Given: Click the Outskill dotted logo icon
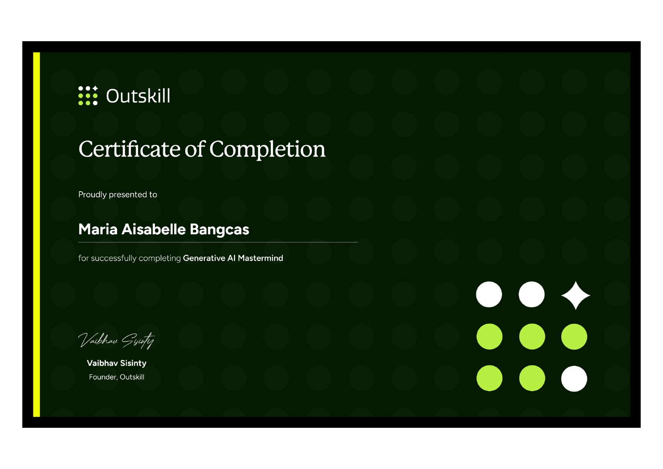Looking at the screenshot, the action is [88, 96].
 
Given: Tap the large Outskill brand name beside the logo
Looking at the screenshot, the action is [138, 96].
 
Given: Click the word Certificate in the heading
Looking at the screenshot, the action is [129, 149].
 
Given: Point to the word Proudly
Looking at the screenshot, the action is [92, 195].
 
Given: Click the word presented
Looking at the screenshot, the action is [128, 195].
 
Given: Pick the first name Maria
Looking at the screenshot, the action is [98, 229].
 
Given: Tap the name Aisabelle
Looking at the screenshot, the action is [153, 229].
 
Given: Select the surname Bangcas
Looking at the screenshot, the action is [220, 230].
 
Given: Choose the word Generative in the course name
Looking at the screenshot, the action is [204, 258].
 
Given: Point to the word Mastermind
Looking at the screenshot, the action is [260, 258].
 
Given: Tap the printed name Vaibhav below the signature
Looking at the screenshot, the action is [102, 363].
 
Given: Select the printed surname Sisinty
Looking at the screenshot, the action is [133, 363].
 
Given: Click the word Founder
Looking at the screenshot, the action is [103, 377].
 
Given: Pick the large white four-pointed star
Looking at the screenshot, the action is [576, 295].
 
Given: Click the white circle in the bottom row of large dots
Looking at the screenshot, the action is [574, 379].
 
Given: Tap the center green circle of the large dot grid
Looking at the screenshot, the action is [532, 336].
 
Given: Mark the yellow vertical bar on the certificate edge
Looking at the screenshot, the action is [37, 234].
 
